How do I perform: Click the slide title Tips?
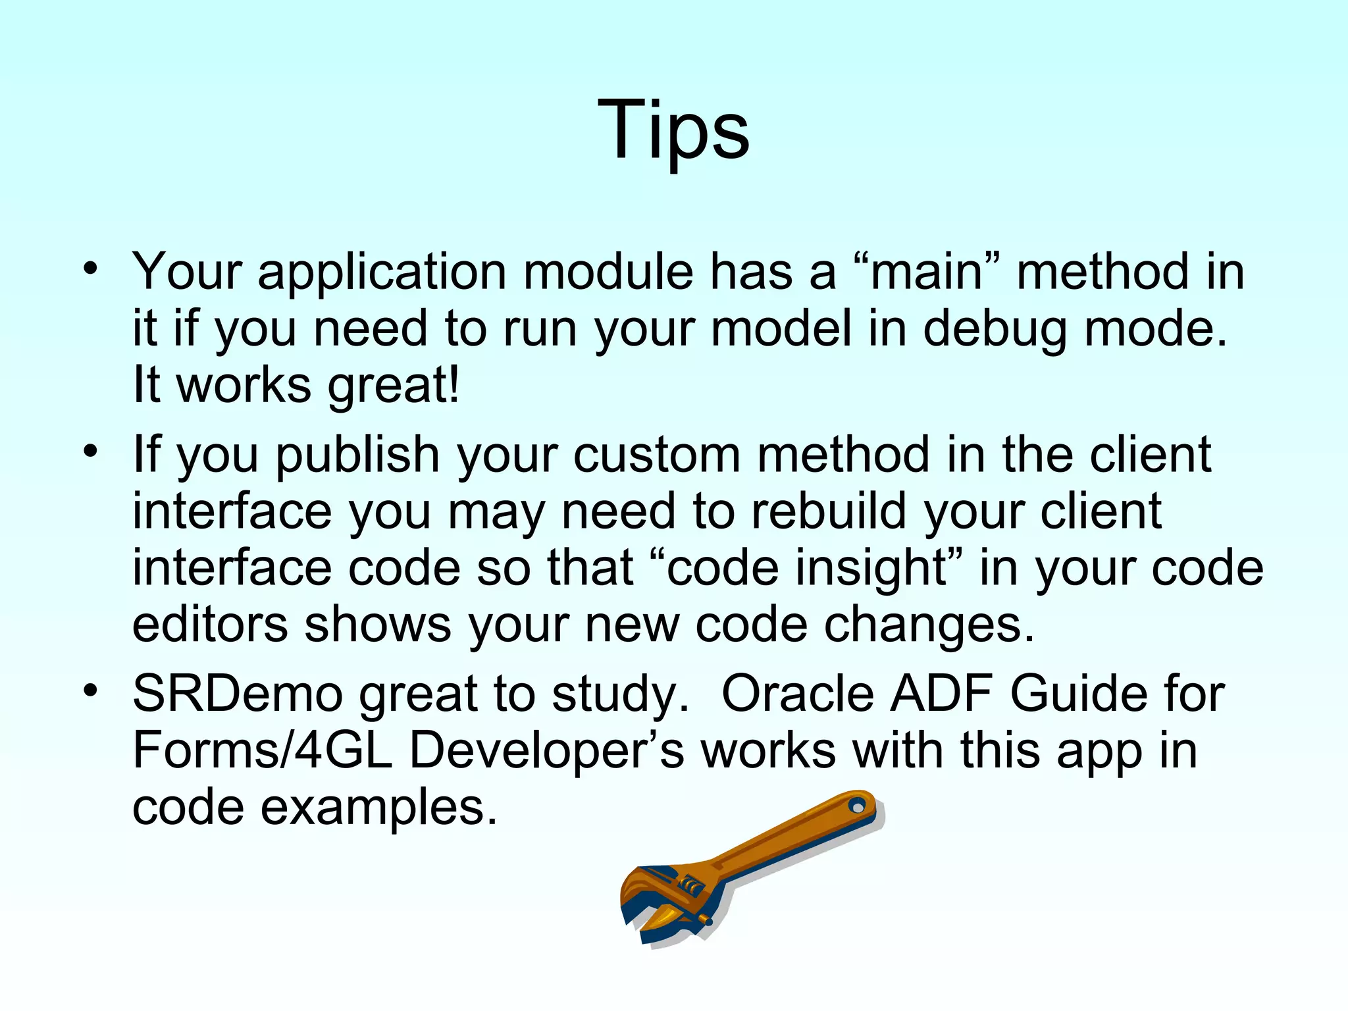[x=673, y=129]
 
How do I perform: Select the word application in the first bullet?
[x=382, y=272]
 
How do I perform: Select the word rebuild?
[x=829, y=512]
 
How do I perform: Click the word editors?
[x=210, y=625]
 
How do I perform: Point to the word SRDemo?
[x=238, y=695]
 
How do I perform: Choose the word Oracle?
[x=797, y=695]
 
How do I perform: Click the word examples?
[x=378, y=808]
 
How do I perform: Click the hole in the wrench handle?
[x=857, y=806]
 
